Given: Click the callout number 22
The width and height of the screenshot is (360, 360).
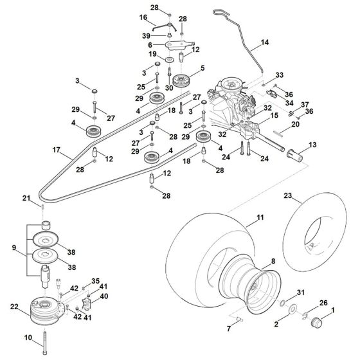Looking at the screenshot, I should (15, 309).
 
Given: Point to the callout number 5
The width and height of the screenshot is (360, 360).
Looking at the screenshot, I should (203, 67).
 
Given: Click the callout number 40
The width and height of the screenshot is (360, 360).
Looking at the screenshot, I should (104, 298).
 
